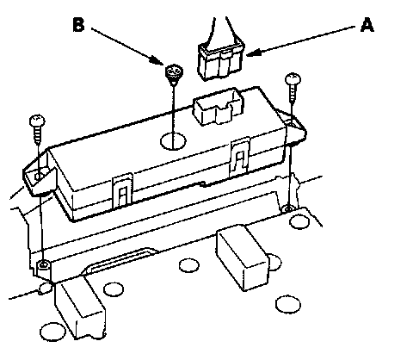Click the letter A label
coord(367,25)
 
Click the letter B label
coord(78,25)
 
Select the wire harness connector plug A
coord(220,61)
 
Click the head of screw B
coord(174,71)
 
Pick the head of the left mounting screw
coord(37,121)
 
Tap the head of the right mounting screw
coord(293,78)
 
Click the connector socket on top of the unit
coord(219,107)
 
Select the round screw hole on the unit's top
coord(173,141)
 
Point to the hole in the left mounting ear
coord(39,176)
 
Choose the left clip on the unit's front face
coord(123,190)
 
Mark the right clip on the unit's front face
coord(240,157)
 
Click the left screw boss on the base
coord(43,264)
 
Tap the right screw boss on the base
coord(288,208)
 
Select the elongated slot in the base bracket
coord(120,261)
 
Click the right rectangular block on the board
coord(243,258)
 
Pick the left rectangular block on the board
coord(80,308)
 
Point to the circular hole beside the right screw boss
coord(299,222)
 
